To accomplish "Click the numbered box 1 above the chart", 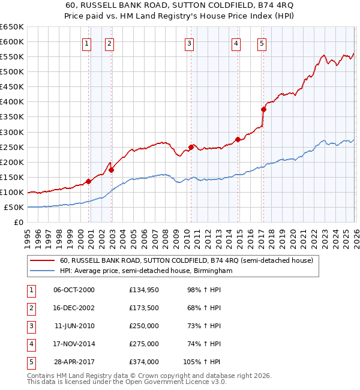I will pyautogui.click(x=88, y=43).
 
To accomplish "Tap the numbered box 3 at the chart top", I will pyautogui.click(x=189, y=43).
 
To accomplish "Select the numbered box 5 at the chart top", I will pyautogui.click(x=262, y=43).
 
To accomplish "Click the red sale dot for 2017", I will pyautogui.click(x=263, y=109).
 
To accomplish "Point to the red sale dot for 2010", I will pyautogui.click(x=191, y=147).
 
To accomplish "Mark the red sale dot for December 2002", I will pyautogui.click(x=111, y=170).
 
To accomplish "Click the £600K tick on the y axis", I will pyautogui.click(x=12, y=41).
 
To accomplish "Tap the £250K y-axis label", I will pyautogui.click(x=12, y=147).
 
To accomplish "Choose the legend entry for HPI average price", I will pyautogui.click(x=146, y=271).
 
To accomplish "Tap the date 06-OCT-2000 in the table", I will pyautogui.click(x=74, y=290).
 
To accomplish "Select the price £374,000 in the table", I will pyautogui.click(x=144, y=362).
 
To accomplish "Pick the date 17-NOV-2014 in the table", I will pyautogui.click(x=74, y=344).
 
